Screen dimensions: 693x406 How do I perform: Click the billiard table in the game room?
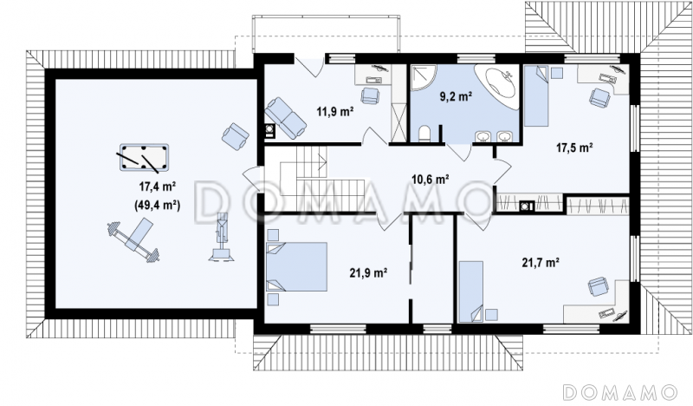tap(144, 158)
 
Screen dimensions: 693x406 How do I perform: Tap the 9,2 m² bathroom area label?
tap(457, 96)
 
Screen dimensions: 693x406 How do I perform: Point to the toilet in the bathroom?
tap(424, 134)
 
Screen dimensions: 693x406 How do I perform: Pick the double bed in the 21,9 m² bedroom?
tap(296, 266)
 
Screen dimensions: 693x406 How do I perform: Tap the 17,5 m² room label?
tap(574, 147)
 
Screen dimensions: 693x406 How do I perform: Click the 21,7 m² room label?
tap(541, 263)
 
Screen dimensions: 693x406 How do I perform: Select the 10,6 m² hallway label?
tap(430, 180)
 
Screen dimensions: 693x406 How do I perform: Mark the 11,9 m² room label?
tap(334, 111)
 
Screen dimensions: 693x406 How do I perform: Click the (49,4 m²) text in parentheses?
tap(157, 205)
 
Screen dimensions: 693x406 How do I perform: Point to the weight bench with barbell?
tap(134, 239)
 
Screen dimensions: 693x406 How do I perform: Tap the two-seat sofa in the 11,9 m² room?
tap(286, 118)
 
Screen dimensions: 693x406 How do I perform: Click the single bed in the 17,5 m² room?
tap(536, 95)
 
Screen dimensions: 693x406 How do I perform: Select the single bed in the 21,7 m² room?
tap(470, 291)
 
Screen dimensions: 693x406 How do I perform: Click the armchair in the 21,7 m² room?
tap(598, 286)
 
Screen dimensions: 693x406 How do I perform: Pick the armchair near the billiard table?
tap(236, 136)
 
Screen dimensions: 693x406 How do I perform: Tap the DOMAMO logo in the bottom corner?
tap(620, 392)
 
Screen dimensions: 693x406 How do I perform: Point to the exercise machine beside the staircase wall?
tap(222, 239)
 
